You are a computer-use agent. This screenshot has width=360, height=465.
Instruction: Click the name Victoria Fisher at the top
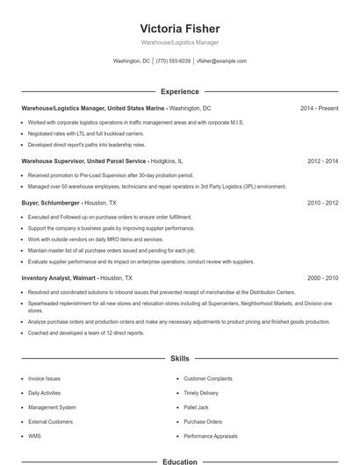179,28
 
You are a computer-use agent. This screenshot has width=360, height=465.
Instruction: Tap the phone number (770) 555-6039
172,61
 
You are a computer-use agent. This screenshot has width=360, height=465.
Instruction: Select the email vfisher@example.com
221,61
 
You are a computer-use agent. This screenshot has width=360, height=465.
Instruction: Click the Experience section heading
179,91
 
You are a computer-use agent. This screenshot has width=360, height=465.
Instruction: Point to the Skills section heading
179,359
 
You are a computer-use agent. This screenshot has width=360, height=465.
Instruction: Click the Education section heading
179,461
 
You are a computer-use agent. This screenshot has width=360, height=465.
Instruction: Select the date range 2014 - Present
319,108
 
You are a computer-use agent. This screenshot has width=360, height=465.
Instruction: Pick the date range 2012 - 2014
322,161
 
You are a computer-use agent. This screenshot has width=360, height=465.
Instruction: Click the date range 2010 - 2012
322,203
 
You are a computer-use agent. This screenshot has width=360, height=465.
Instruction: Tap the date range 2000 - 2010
322,277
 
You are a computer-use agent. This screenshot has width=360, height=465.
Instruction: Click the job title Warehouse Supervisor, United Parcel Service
84,161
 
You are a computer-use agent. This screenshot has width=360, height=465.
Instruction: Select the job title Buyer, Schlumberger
50,203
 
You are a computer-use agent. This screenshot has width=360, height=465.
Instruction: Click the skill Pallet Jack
196,407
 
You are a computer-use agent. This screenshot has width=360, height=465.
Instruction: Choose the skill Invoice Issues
44,378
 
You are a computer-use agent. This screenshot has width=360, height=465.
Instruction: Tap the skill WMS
34,435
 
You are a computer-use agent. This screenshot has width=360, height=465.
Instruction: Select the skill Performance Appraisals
211,435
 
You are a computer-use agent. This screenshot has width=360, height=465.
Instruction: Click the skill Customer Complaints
208,378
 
